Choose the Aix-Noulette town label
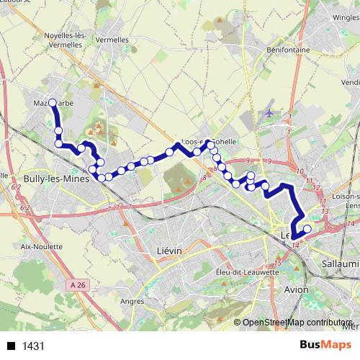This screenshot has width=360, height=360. [39, 246]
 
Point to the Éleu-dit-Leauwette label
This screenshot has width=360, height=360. [247, 272]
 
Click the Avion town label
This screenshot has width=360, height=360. [297, 289]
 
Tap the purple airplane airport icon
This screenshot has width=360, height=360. [269, 112]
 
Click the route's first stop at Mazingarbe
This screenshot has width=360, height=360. [52, 103]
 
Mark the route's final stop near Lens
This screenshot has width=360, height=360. [307, 230]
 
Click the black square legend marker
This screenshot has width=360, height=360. [12, 346]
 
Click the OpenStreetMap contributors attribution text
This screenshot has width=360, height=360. [297, 323]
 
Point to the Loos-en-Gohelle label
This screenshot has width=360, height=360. [210, 143]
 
